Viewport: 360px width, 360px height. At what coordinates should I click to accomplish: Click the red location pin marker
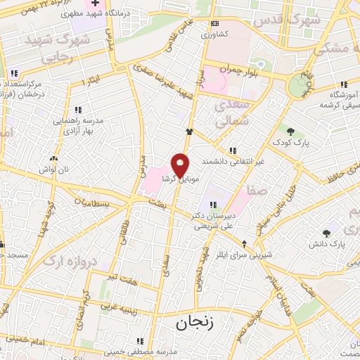tap(181, 165)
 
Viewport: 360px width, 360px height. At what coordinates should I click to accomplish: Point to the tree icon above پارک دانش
tap(326, 233)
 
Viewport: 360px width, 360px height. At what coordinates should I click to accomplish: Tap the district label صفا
tap(256, 190)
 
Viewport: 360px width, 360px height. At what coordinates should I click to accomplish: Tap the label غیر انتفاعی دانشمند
tap(233, 161)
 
